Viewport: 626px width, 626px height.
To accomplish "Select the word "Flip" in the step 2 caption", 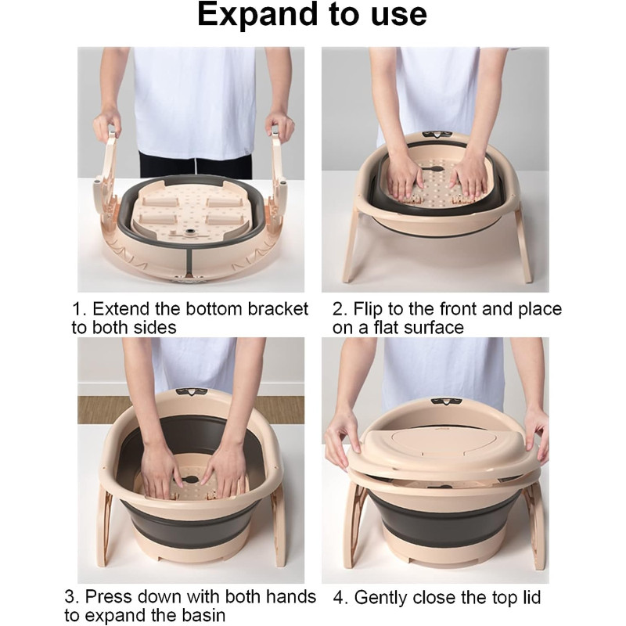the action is pyautogui.click(x=368, y=309).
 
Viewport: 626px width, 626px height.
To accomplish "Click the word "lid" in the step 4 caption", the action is pyautogui.click(x=529, y=597).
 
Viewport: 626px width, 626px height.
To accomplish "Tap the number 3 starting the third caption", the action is pyautogui.click(x=70, y=597).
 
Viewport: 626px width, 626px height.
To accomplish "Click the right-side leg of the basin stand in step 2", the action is pyautogui.click(x=523, y=243).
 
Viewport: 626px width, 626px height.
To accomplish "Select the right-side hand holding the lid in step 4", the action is pyautogui.click(x=536, y=430).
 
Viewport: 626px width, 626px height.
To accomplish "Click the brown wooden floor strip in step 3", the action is pyautogui.click(x=191, y=409).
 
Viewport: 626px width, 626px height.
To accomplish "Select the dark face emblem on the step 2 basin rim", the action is pyautogui.click(x=437, y=135).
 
